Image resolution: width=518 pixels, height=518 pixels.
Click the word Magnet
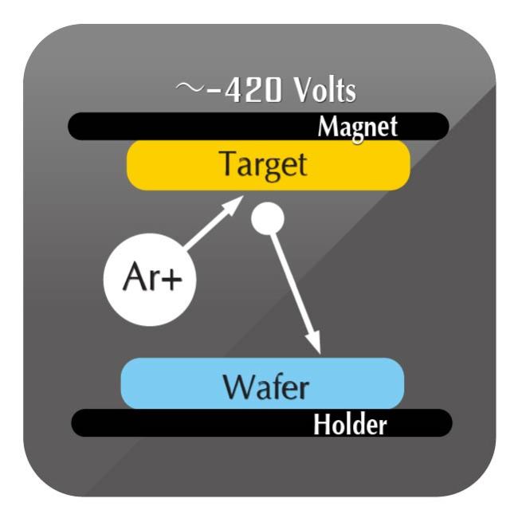(x=358, y=128)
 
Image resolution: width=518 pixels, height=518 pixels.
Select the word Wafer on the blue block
(x=266, y=387)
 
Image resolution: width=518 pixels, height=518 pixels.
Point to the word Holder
(x=350, y=424)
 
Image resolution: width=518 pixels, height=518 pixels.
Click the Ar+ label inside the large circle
(x=152, y=277)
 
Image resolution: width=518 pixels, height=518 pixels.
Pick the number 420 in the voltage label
(x=253, y=91)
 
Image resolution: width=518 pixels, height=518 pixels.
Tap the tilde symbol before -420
(x=188, y=87)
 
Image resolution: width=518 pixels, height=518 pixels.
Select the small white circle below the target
(x=268, y=218)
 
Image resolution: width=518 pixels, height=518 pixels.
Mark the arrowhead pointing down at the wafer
(x=314, y=343)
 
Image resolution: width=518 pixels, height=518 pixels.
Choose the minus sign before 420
(x=213, y=92)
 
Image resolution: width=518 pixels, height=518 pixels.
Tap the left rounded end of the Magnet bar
(x=77, y=126)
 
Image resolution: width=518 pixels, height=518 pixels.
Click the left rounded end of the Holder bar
(x=80, y=423)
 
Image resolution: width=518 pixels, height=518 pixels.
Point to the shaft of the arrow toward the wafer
(x=292, y=284)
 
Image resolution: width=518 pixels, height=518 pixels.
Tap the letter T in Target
(x=230, y=163)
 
